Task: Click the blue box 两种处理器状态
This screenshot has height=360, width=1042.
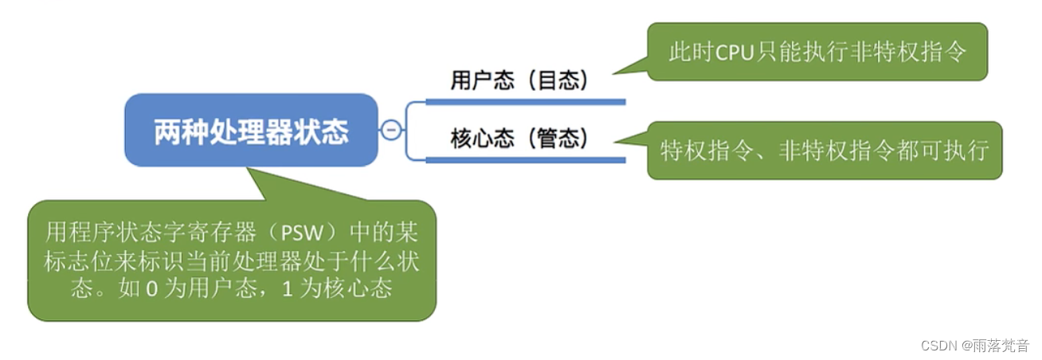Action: point(251,130)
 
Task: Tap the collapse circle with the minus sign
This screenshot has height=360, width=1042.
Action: point(390,130)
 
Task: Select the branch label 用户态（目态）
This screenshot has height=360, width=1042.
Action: point(519,80)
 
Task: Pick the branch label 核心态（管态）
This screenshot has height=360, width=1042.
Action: point(519,139)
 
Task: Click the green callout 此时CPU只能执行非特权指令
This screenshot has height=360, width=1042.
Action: point(817,52)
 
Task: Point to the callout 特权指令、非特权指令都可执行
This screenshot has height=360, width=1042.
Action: point(825,150)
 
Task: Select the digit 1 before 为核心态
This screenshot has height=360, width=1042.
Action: point(288,288)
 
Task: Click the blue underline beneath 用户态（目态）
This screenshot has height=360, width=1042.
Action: point(526,102)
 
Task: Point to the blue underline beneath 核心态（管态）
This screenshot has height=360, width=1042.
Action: point(526,160)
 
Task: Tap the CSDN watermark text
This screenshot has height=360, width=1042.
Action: point(938,345)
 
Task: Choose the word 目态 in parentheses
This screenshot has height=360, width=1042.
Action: point(560,80)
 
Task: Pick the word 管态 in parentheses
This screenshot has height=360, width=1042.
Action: point(560,139)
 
